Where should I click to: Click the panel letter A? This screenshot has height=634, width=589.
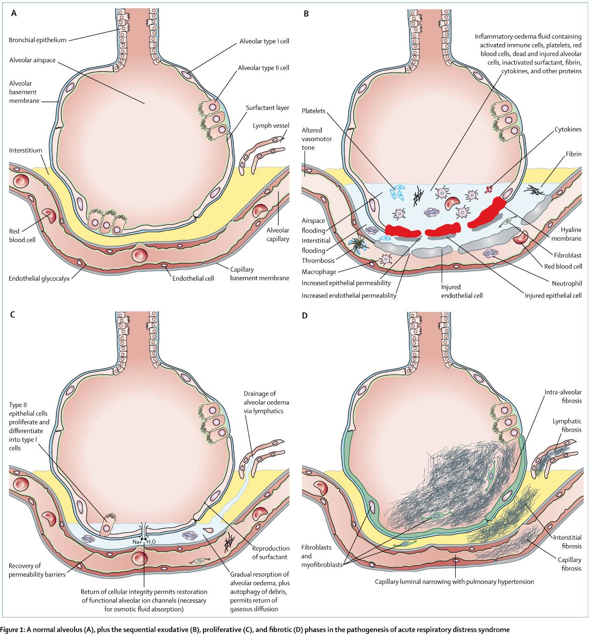[x=14, y=13]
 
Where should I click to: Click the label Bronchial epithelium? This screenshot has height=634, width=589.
[x=38, y=40]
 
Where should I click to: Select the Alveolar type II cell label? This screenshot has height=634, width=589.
[x=263, y=68]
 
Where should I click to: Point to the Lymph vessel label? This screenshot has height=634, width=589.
[x=271, y=126]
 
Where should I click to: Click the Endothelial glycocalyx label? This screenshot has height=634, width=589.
[x=39, y=278]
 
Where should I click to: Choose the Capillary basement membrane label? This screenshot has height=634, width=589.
[x=260, y=274]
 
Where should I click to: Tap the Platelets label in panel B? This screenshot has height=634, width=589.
[x=313, y=111]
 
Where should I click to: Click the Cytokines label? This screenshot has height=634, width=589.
[x=568, y=129]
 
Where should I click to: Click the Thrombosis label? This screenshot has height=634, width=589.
[x=318, y=260]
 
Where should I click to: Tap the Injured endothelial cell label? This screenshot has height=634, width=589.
[x=462, y=291]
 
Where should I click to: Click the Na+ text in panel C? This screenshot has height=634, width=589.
[x=137, y=542]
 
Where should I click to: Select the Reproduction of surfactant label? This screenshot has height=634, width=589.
[x=271, y=553]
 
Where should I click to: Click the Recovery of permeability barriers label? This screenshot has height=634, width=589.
[x=37, y=570]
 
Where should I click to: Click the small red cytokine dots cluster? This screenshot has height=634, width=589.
[x=489, y=188]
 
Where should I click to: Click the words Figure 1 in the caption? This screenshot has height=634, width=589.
[x=12, y=629]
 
